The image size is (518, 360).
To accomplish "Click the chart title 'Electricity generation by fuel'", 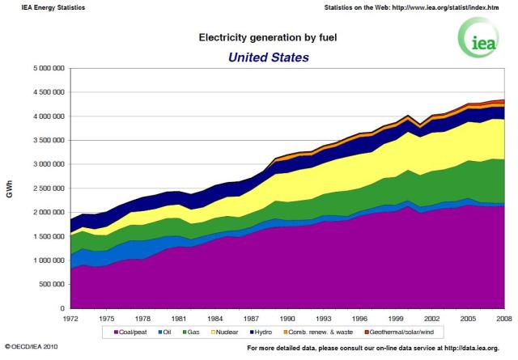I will (x=257, y=37).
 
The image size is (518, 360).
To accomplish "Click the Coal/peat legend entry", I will (x=135, y=332).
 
